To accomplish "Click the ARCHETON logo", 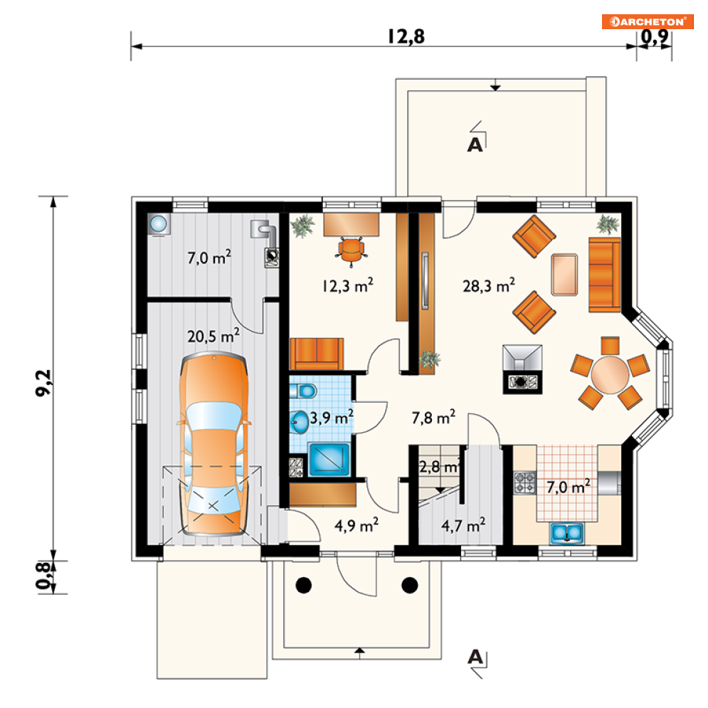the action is coord(648,21).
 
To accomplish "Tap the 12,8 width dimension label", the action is coord(406,36).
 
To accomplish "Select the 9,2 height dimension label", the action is coord(44,383).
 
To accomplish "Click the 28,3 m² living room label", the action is coord(489,285).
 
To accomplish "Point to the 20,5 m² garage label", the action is coord(213,335).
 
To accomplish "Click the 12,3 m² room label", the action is coord(348,285).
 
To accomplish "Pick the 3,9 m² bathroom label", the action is coord(331,417).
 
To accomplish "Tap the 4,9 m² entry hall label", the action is coord(356,525).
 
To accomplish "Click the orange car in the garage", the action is coord(213,445).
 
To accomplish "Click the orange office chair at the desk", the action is coord(351,251).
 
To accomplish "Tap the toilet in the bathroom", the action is coord(302,391).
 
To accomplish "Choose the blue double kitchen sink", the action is coord(566,533).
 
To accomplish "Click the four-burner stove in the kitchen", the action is coord(524,482).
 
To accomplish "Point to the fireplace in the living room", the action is coord(522,369).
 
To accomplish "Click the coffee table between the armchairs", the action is coord(564,275).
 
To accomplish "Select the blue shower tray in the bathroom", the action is coord(329,460).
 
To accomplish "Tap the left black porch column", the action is coord(303,585).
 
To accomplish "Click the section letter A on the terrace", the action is coord(475,144).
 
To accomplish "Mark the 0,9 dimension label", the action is coord(655,36).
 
